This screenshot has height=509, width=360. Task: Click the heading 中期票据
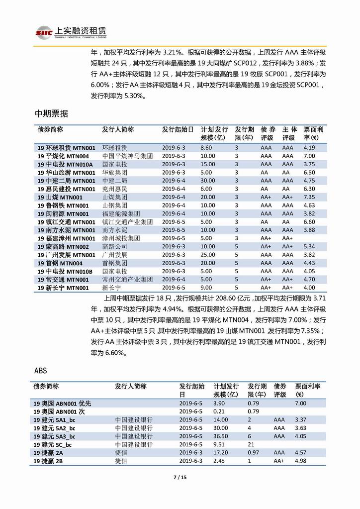(x=51, y=113)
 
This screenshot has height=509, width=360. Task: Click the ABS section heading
(x=41, y=371)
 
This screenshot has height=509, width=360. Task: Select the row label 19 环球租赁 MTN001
(x=66, y=148)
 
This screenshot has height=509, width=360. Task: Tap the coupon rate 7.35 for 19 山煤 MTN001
(x=309, y=198)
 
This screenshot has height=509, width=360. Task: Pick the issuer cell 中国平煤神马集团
(x=127, y=156)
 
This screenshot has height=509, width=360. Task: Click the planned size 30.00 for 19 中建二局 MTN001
(x=208, y=181)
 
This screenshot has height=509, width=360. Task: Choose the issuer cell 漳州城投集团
(x=121, y=238)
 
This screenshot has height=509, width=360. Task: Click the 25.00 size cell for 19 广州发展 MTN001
(x=208, y=255)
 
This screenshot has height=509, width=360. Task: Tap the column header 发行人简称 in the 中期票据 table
(x=118, y=129)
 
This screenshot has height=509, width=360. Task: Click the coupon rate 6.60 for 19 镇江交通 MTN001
(x=309, y=222)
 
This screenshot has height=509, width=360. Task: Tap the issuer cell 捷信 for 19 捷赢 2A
(x=120, y=453)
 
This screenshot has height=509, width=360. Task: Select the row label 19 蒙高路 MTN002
(x=63, y=247)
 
